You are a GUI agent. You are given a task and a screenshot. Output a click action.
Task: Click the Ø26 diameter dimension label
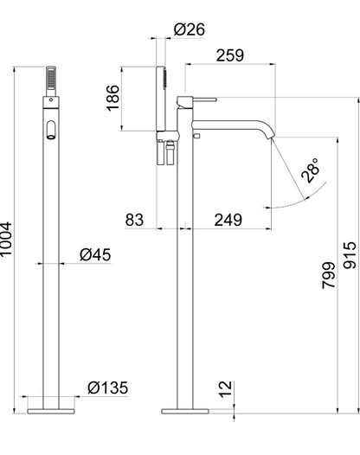pyautogui.click(x=189, y=29)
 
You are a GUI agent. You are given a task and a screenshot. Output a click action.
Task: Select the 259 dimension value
pyautogui.click(x=229, y=55)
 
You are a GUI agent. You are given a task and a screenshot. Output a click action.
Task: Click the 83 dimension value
pyautogui.click(x=134, y=220)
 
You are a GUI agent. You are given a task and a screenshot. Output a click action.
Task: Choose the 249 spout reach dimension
pyautogui.click(x=229, y=220)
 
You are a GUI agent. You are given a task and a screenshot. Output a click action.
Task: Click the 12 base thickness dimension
pyautogui.click(x=225, y=390)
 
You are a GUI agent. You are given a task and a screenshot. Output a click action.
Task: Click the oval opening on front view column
pyautogui.click(x=50, y=131)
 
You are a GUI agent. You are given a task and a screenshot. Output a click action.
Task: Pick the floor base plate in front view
pyautogui.click(x=50, y=403)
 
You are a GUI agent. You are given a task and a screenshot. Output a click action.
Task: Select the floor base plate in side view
pyautogui.click(x=184, y=403)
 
